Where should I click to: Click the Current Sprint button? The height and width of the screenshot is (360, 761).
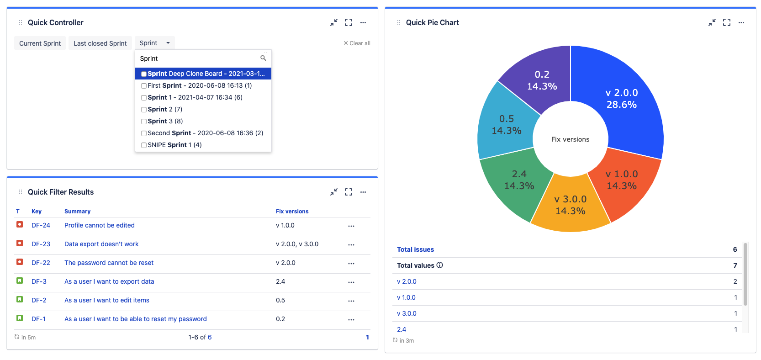coord(40,43)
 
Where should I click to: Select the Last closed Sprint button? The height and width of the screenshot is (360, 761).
coord(100,43)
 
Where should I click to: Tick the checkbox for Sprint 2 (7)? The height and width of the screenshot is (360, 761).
coord(144,110)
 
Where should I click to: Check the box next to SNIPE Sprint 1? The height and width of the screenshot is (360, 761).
coord(144,145)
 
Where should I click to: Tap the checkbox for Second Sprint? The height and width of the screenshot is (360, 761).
coord(144,133)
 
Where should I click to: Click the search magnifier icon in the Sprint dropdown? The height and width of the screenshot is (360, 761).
coord(263,58)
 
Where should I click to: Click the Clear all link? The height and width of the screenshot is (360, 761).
coord(357,43)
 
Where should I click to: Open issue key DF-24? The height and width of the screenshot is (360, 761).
coord(41,225)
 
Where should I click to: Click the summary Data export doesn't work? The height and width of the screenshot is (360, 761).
coord(101,244)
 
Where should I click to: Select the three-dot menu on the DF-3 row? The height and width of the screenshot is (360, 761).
coord(351,282)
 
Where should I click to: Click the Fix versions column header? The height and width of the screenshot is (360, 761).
coord(292,212)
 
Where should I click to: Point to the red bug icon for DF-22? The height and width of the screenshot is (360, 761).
coord(20,262)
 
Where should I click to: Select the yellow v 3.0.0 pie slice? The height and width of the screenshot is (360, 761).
coord(570,206)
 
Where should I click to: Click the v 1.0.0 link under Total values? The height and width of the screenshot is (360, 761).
coord(406,297)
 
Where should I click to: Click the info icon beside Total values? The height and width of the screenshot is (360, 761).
coord(439,265)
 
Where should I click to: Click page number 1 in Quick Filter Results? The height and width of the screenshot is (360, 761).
coord(367,337)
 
